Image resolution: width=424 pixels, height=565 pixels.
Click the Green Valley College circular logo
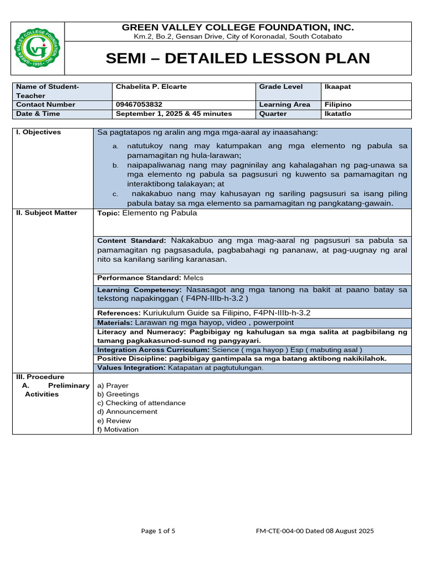click(x=38, y=49)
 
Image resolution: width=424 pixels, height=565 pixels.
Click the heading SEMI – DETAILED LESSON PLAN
click(x=238, y=58)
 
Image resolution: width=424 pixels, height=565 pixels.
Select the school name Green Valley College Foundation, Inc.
click(x=238, y=28)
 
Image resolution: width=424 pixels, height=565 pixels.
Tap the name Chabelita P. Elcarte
click(x=149, y=87)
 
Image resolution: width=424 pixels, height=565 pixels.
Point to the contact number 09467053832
click(x=140, y=104)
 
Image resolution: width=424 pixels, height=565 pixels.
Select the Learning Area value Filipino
click(x=338, y=104)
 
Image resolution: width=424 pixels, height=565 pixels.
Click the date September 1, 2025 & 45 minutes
click(x=174, y=114)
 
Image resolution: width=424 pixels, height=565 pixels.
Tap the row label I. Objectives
click(x=39, y=132)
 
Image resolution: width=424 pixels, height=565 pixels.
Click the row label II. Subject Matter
click(x=46, y=213)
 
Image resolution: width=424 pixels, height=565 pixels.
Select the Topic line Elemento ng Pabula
click(x=147, y=213)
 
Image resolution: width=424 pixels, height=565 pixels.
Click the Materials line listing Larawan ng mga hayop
click(x=195, y=322)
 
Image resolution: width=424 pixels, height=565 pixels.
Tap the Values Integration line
click(x=180, y=367)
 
